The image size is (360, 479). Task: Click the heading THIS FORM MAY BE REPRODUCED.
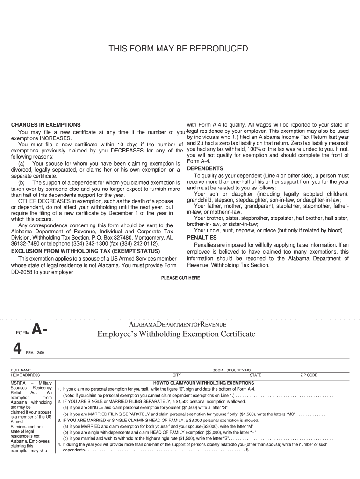[180, 49]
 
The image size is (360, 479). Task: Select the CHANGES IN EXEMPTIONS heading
[46, 125]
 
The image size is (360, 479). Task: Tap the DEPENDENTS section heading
[205, 168]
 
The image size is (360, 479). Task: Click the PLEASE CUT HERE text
[180, 278]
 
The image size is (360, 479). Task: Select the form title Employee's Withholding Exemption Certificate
[176, 334]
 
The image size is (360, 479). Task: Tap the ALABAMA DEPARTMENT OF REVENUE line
[177, 324]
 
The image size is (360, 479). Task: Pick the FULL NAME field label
[21, 370]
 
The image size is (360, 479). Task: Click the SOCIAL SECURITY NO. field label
[232, 370]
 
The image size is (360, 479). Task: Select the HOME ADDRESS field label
[26, 375]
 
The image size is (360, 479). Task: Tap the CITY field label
[177, 375]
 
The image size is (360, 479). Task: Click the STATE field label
[255, 375]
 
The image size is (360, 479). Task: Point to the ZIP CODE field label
[309, 375]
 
